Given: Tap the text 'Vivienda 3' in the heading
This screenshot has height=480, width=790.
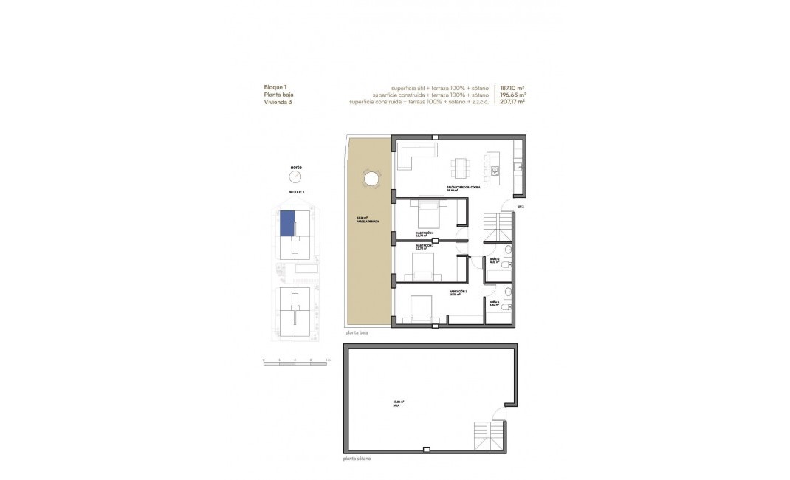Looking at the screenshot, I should click(x=279, y=102).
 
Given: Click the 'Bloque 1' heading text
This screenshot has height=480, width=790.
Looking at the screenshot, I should click(x=275, y=87).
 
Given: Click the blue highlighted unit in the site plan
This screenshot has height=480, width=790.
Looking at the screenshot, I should click(x=287, y=223).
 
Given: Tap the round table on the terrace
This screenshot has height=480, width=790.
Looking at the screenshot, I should click(x=371, y=179).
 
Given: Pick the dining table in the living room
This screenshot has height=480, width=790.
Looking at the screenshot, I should click(x=462, y=168).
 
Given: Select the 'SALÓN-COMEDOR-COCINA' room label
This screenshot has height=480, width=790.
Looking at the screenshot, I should click(x=464, y=188).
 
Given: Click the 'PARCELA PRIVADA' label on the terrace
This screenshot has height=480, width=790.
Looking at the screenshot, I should click(x=367, y=221).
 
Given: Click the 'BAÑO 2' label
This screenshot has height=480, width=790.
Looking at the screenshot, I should click(x=495, y=301).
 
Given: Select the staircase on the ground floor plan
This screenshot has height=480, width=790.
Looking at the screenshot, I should click(x=497, y=226).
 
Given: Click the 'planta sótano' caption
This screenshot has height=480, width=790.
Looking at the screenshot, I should click(x=357, y=459).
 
